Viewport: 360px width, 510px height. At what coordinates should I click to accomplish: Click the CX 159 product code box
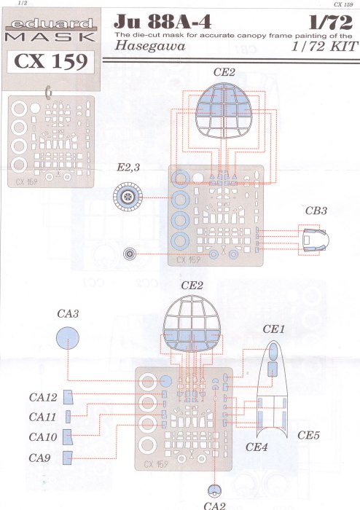[x=51, y=61]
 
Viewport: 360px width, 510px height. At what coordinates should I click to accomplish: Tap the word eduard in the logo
[x=52, y=24]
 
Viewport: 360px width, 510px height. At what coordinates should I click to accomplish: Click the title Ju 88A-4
[x=163, y=22]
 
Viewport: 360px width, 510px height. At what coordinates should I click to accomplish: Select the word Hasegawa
[x=150, y=45]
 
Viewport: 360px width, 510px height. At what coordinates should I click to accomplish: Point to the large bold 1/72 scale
[x=330, y=23]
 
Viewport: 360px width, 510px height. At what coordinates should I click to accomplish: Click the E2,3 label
[x=128, y=168]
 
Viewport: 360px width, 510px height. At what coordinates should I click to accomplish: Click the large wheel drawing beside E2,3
[x=128, y=197]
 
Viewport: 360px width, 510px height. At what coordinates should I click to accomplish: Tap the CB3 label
[x=316, y=211]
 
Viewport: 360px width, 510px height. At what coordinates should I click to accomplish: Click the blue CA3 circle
[x=68, y=338]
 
